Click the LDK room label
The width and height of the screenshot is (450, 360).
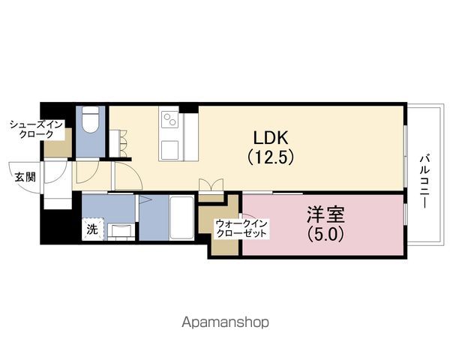(270, 137)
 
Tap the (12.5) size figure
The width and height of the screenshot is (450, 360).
(271, 157)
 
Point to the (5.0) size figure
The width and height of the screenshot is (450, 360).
(325, 234)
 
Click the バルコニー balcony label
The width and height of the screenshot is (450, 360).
(424, 181)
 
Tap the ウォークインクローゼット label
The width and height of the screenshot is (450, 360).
(241, 228)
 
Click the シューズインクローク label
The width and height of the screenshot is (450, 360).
(36, 129)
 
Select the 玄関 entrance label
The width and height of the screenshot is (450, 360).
(25, 177)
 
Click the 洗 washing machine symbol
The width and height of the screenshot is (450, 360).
(92, 229)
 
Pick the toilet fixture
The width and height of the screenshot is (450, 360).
(91, 119)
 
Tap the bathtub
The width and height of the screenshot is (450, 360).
(181, 217)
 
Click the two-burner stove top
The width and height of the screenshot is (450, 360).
(169, 119)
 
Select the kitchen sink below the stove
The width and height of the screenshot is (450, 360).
(169, 150)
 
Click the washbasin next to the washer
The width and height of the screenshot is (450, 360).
(121, 232)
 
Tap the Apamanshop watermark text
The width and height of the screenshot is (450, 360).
(225, 322)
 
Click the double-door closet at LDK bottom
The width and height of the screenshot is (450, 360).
(211, 185)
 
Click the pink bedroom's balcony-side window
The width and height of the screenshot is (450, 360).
(405, 214)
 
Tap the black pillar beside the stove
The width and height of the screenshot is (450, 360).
(188, 109)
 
